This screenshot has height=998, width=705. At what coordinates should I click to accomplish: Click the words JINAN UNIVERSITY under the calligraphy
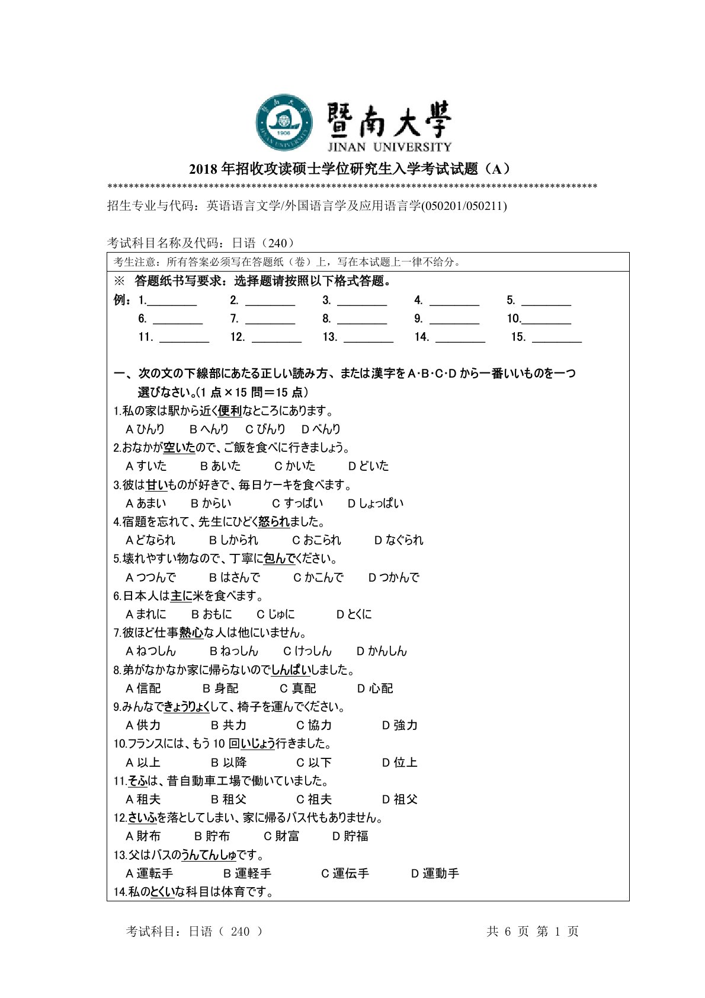point(389,146)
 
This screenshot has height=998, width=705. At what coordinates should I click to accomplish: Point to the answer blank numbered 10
point(546,319)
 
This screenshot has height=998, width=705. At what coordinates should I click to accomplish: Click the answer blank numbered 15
point(556,337)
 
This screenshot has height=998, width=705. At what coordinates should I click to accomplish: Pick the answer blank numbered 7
point(270,319)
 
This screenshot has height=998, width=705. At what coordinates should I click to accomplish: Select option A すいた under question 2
point(146,466)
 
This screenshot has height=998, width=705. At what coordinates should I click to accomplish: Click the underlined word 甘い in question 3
point(156,485)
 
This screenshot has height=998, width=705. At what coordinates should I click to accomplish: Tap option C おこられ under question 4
point(317,540)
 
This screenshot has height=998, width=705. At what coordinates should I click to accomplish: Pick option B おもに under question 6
point(211,614)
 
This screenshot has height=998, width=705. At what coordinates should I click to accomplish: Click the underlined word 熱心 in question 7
point(191,633)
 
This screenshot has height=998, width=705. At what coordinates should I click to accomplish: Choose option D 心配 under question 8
point(375,688)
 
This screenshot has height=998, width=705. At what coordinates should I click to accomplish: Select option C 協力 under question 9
point(314,725)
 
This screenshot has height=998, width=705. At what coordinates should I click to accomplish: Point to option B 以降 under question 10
point(229,763)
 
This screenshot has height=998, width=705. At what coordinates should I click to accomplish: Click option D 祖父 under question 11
point(400,799)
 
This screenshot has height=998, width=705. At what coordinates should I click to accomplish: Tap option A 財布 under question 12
point(143,836)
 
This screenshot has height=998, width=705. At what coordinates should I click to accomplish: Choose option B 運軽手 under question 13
point(247,873)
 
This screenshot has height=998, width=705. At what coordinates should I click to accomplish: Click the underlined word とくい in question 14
point(163,892)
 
